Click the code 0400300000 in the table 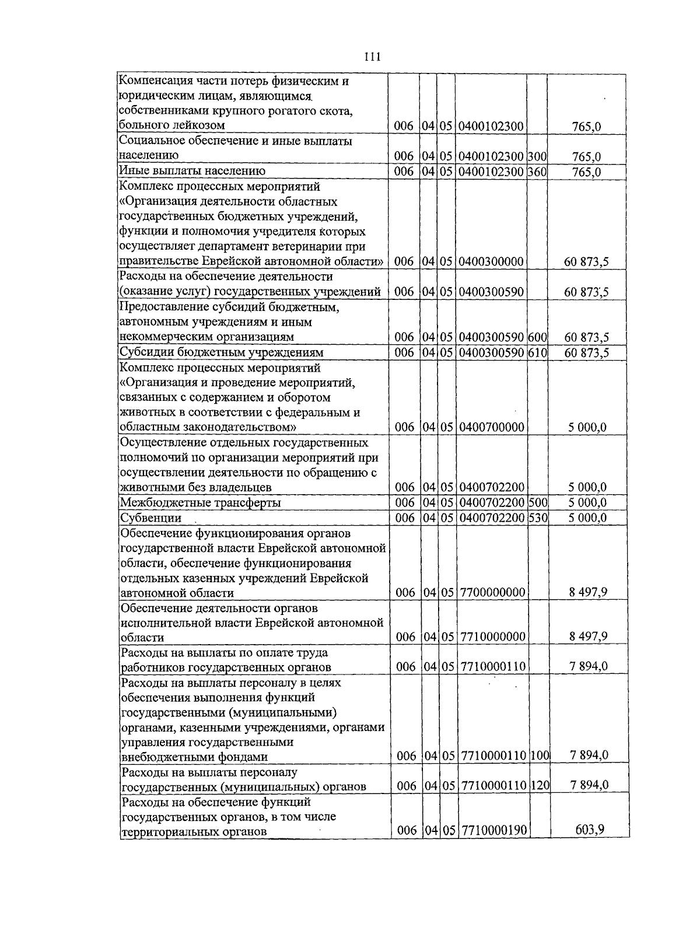coord(491,261)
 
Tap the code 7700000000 coord(492,593)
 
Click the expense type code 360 coord(537,171)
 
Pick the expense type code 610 coord(537,352)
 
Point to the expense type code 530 coord(537,518)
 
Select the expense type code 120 coord(540,786)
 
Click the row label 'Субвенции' coord(150,518)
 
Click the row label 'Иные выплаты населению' coord(192,171)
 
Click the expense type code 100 coord(540,756)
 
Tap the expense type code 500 coord(537,502)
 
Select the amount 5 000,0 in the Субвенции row coord(587,518)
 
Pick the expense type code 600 coord(537,337)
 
